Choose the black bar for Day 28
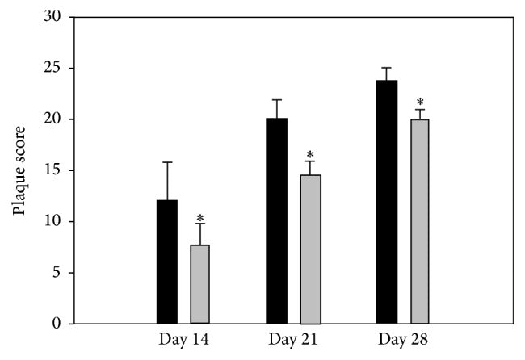point(387,202)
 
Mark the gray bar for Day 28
point(420,221)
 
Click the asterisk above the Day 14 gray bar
point(199,218)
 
